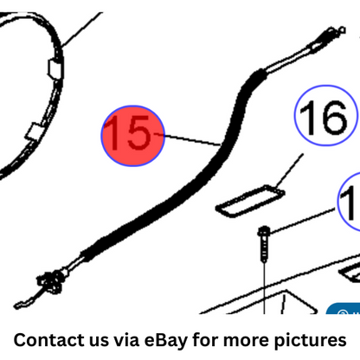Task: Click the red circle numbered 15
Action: [x=133, y=136]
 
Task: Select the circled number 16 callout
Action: [x=325, y=115]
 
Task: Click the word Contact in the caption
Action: [x=49, y=340]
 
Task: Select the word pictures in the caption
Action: [x=310, y=341]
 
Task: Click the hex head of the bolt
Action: [x=264, y=231]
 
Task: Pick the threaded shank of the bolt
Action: [x=264, y=248]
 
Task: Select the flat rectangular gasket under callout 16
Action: [x=250, y=201]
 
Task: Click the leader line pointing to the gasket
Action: [x=289, y=170]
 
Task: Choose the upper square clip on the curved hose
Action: [x=55, y=68]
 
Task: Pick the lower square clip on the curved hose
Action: [x=35, y=132]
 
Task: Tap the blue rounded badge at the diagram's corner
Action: [x=344, y=309]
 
